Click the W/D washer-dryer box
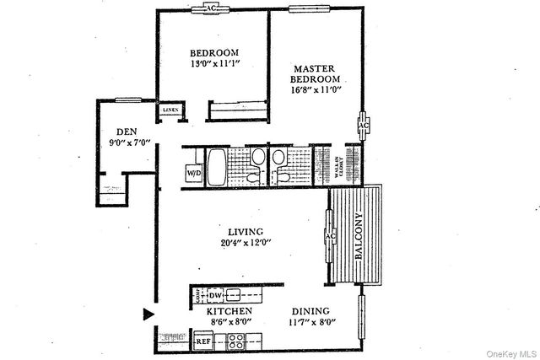pyautogui.click(x=194, y=173)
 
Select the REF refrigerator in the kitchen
pyautogui.click(x=203, y=342)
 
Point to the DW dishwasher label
pyautogui.click(x=215, y=295)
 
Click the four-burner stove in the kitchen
pyautogui.click(x=235, y=342)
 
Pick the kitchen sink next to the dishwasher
pyautogui.click(x=233, y=295)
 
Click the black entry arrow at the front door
pyautogui.click(x=148, y=315)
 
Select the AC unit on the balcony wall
pyautogui.click(x=327, y=235)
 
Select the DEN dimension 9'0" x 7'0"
pyautogui.click(x=125, y=142)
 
